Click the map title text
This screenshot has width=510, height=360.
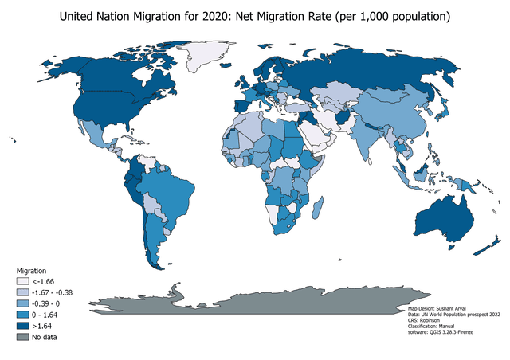click(x=255, y=16)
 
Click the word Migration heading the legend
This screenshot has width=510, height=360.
click(x=32, y=271)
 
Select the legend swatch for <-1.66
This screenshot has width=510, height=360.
click(x=24, y=281)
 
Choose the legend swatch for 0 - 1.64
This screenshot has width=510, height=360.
click(x=24, y=315)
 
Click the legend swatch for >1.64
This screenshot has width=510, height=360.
click(x=24, y=325)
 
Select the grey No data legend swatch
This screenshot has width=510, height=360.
click(x=24, y=336)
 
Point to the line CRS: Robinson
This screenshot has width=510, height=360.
click(x=426, y=319)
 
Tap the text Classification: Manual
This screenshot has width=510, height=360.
click(x=434, y=325)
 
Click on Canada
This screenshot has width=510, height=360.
click(x=104, y=76)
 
